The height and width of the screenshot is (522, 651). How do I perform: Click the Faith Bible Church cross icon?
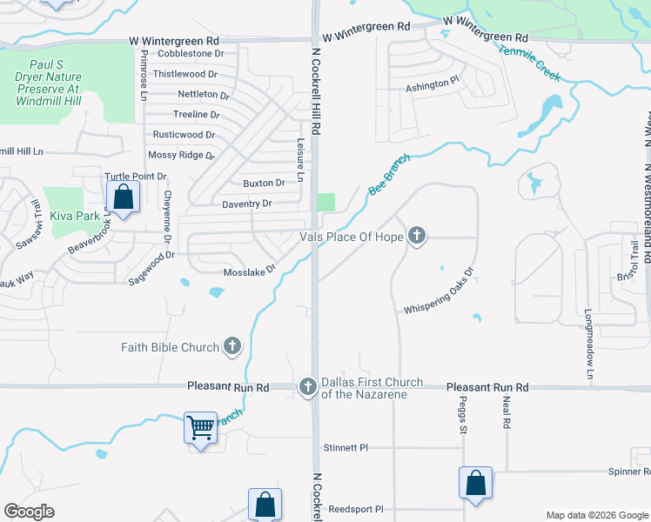232,347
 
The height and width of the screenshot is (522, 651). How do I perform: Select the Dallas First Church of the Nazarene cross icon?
307,387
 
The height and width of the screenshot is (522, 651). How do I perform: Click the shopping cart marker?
201,427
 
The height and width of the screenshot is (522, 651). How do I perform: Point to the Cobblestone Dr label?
191,53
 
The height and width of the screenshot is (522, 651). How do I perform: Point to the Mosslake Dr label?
250,271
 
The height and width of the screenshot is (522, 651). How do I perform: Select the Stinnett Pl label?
346,448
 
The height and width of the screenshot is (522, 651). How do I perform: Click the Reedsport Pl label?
356,509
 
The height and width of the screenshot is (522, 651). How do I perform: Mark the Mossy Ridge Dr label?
181,155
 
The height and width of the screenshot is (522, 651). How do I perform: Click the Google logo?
30,512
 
